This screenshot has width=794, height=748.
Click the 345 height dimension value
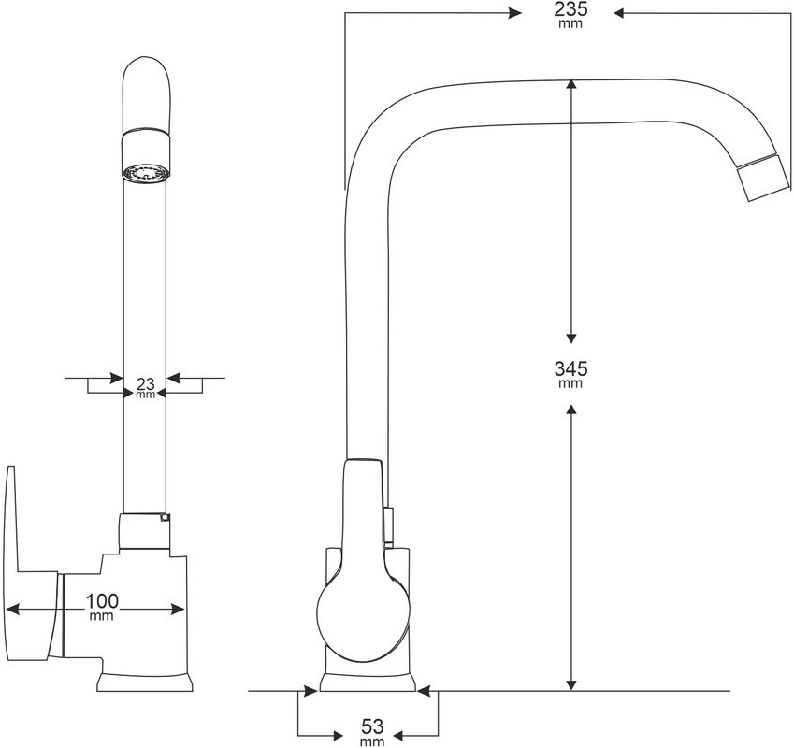pyautogui.click(x=570, y=368)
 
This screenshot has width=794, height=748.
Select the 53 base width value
pyautogui.click(x=371, y=726)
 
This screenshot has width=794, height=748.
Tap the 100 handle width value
pyautogui.click(x=101, y=600)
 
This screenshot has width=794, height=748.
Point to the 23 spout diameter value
pyautogui.click(x=145, y=382)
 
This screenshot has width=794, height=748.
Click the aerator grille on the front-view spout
pyautogui.click(x=145, y=173)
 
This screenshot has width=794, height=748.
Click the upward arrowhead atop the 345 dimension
pyautogui.click(x=571, y=87)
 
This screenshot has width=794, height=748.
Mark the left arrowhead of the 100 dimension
pyautogui.click(x=14, y=609)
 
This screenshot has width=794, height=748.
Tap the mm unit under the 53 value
pyautogui.click(x=371, y=742)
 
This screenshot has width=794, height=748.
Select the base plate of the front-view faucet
pyautogui.click(x=145, y=682)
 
